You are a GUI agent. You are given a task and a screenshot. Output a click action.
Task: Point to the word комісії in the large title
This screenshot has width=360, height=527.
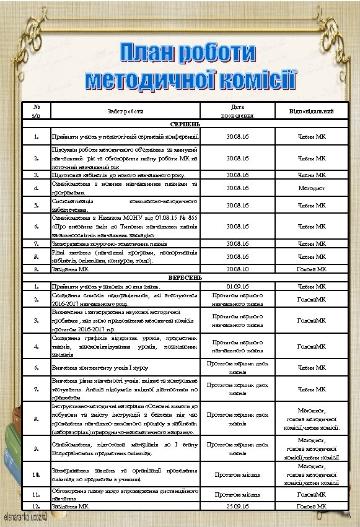(x=250, y=81)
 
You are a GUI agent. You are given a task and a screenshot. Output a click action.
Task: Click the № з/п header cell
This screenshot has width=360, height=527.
(x=37, y=111)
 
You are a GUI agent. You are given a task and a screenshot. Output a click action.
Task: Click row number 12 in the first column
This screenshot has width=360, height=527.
(x=37, y=506)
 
